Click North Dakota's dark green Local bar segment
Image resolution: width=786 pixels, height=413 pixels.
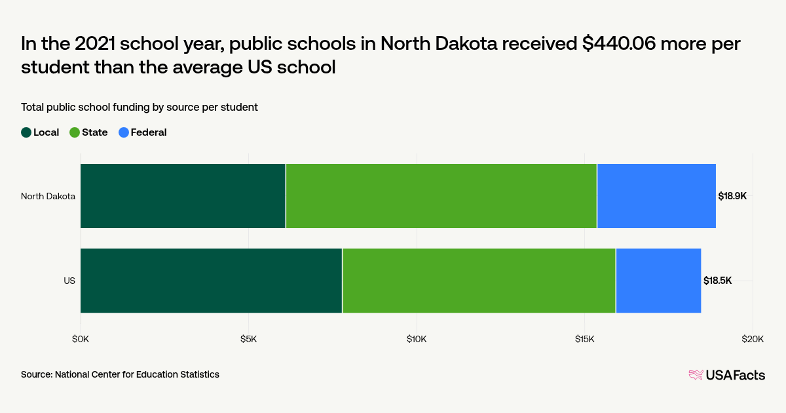point(183,196)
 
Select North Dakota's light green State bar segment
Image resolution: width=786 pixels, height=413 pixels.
point(441,196)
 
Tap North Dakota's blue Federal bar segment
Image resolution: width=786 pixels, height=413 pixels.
point(656,196)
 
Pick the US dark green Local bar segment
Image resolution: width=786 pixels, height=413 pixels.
point(211,281)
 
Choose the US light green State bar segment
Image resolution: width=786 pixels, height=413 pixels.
point(479,281)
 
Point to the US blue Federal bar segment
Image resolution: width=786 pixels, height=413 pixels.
point(658,281)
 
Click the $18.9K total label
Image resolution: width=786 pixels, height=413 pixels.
point(732,196)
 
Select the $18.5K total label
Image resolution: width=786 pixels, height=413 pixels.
point(717,281)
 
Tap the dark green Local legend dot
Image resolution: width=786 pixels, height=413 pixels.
point(26,132)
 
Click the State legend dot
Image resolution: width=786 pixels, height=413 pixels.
point(75,132)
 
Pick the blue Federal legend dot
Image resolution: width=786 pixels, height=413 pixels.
point(124,132)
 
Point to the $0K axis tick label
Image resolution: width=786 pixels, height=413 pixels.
point(81,339)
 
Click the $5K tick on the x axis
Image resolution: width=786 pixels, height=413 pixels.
point(248,339)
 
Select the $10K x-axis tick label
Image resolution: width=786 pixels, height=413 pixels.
point(417,339)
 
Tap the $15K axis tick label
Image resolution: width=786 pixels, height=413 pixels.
point(584,339)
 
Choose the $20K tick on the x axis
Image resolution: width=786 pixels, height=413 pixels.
point(753,339)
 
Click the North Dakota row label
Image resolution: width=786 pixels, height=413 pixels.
point(48,196)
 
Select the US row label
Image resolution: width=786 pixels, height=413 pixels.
point(69,281)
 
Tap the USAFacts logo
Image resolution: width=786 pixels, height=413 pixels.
point(726,375)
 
